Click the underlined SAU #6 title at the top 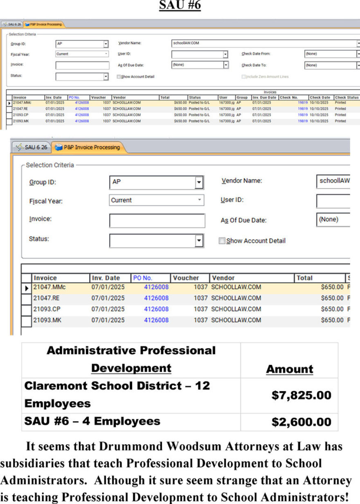[x=180, y=6]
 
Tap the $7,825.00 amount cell [x=301, y=395]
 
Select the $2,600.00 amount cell [x=301, y=422]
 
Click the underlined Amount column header [x=289, y=369]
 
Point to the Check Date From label [x=256, y=54]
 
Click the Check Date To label [x=254, y=65]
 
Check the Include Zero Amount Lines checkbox [x=243, y=76]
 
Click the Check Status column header [x=346, y=97]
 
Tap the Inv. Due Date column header [x=264, y=97]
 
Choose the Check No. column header [x=288, y=97]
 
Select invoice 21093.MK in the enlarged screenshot [x=47, y=320]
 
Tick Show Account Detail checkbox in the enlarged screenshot [x=222, y=241]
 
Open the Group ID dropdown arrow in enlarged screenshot [x=199, y=182]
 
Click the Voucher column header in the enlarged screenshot [x=186, y=278]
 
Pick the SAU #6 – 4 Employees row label [x=92, y=421]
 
